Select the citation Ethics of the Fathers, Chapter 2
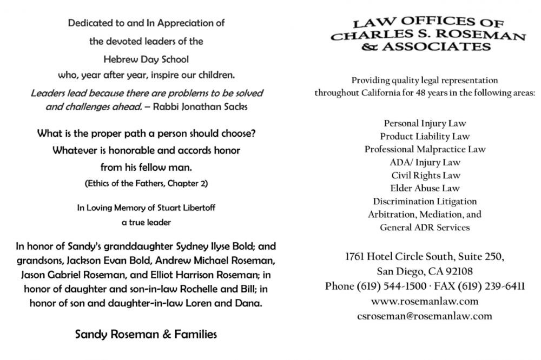(146, 183)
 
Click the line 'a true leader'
(146, 222)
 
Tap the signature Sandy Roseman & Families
(146, 334)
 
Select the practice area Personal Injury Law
(425, 123)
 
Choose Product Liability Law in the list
(425, 136)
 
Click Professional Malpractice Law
(425, 149)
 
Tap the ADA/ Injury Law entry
(425, 162)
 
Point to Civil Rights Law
(425, 175)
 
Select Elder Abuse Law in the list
(425, 188)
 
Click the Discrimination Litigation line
(425, 201)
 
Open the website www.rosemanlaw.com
(425, 301)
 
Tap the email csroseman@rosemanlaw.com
(425, 316)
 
